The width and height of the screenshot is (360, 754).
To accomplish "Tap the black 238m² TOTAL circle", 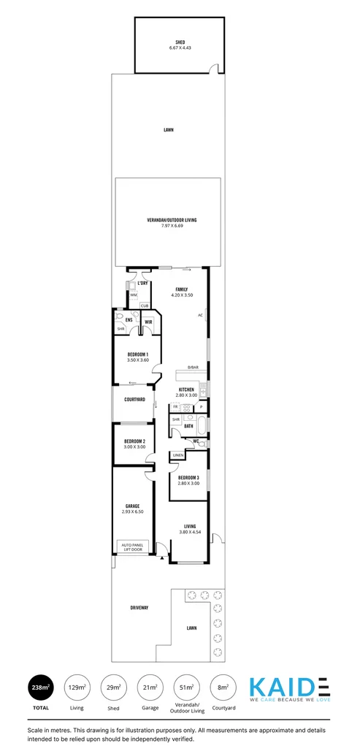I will (x=40, y=687).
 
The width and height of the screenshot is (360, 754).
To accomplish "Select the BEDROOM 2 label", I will (x=134, y=441).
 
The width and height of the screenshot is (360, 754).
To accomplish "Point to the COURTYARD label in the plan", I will (x=134, y=400).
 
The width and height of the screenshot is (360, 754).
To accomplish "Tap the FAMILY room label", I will (x=182, y=289).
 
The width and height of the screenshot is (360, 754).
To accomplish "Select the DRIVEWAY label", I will (x=139, y=608).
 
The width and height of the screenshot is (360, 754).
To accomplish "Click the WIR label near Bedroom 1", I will (x=148, y=321).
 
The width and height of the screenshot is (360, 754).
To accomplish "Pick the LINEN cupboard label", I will (x=178, y=455).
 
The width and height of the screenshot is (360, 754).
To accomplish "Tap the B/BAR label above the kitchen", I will (x=193, y=367).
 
